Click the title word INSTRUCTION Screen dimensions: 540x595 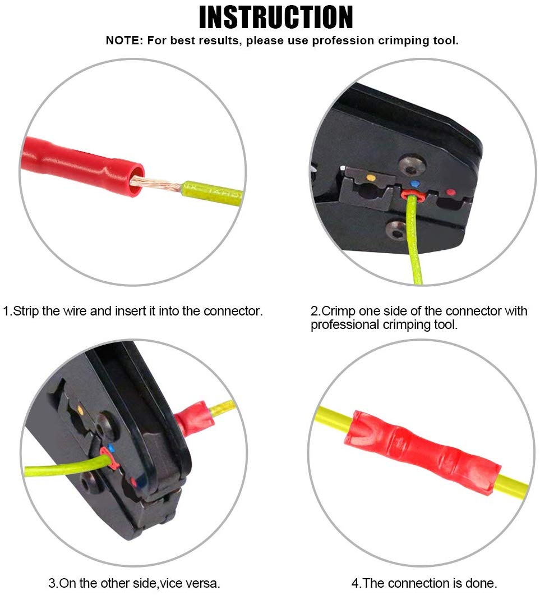(x=276, y=17)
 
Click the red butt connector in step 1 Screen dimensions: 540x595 (x=82, y=166)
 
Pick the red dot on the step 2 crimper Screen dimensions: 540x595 (x=450, y=193)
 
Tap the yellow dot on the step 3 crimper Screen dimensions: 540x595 (x=80, y=409)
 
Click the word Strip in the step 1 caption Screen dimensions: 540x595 (x=26, y=312)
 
